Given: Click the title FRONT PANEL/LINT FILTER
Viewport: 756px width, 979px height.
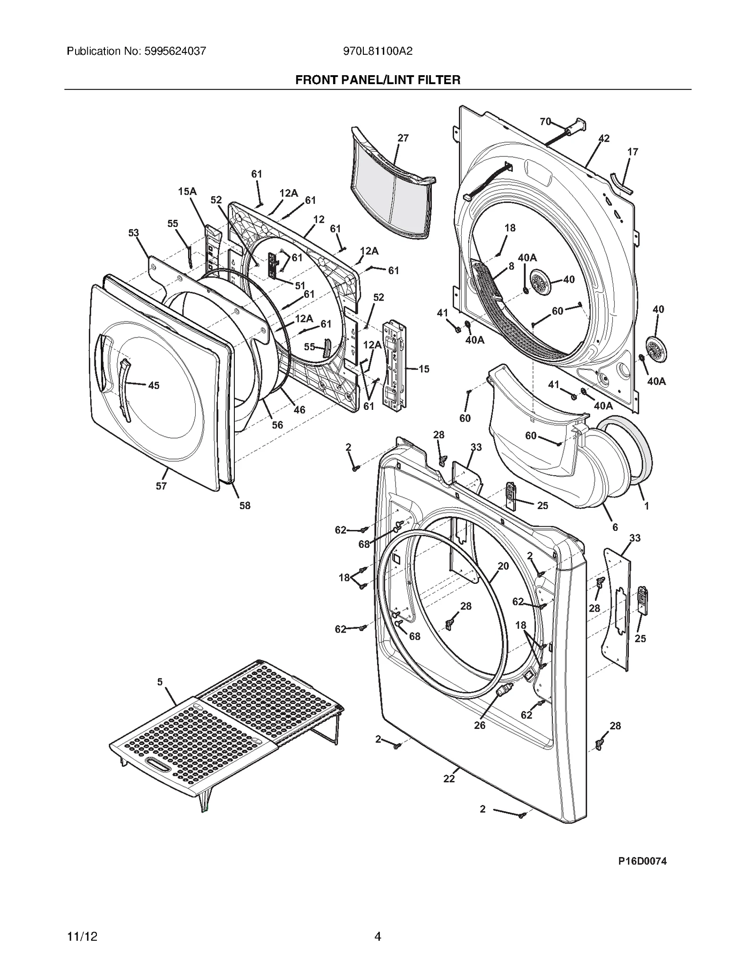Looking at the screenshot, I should tap(378, 80).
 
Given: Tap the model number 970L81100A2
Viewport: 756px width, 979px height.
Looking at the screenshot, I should tap(378, 51).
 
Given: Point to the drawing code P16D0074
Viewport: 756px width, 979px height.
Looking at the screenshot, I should tap(642, 861).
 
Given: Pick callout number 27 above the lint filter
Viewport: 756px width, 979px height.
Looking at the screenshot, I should tap(403, 138).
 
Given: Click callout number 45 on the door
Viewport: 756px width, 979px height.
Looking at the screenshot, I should tap(154, 385).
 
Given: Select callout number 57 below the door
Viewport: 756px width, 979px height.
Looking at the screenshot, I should tap(161, 485).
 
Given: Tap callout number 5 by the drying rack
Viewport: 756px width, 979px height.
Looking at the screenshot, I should tap(160, 682).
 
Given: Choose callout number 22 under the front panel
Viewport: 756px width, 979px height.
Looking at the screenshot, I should tap(448, 779).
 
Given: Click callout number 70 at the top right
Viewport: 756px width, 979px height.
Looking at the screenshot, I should tap(545, 121).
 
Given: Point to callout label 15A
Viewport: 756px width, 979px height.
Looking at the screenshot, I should tap(187, 191).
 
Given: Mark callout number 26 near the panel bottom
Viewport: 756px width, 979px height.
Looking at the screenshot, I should tap(479, 725).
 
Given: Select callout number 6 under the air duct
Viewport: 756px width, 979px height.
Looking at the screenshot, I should tap(615, 527).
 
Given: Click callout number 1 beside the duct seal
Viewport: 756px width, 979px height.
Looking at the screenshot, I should tap(646, 506).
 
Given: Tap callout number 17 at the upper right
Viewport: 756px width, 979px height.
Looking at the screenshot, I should tap(633, 152).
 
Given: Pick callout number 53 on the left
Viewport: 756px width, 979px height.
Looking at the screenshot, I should tap(134, 233).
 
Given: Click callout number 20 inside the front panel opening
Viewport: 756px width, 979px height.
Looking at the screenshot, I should tap(503, 566).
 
